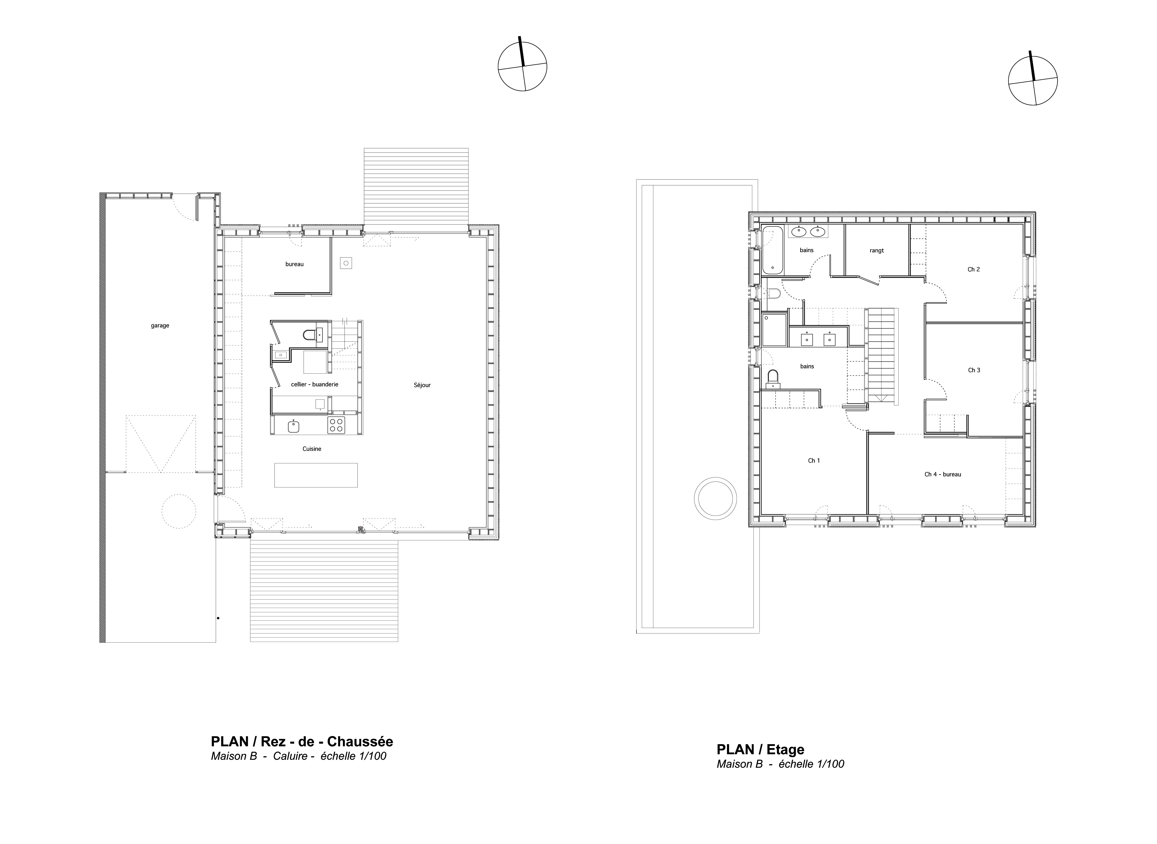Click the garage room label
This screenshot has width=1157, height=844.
160,326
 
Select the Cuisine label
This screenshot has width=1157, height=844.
312,448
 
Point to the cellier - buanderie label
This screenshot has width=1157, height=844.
314,384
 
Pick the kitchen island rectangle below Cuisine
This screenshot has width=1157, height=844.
316,475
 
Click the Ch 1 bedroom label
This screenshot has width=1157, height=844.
814,460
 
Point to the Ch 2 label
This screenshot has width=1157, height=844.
974,269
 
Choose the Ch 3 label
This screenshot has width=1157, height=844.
974,370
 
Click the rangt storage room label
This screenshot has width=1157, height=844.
876,250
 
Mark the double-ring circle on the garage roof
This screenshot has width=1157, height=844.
715,499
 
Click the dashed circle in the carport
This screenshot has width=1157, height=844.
179,511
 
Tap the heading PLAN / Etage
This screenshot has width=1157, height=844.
760,749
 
